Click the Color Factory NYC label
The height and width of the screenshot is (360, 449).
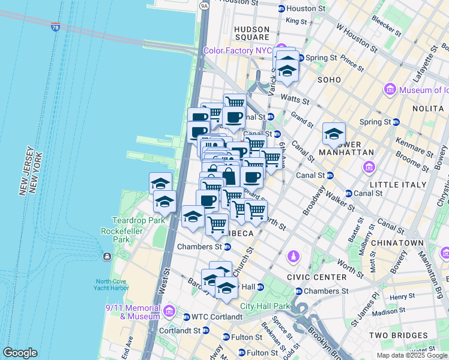click(238, 50)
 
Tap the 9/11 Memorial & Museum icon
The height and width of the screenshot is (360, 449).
click(169, 311)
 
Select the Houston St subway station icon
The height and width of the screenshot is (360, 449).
click(282, 8)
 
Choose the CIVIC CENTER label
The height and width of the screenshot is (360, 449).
click(316, 277)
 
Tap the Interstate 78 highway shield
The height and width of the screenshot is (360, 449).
click(55, 27)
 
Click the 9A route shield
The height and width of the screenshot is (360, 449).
click(204, 5)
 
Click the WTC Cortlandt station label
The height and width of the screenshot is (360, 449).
click(216, 317)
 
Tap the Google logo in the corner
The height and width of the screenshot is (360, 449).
click(20, 353)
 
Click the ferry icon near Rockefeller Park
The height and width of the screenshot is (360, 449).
click(107, 257)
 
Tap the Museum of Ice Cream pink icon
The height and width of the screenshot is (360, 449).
click(390, 90)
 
